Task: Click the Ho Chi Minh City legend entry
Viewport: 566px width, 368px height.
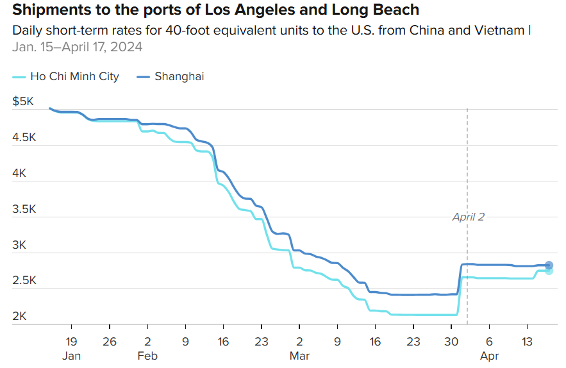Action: click(x=74, y=76)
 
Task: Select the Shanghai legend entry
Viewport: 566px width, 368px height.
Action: click(x=179, y=76)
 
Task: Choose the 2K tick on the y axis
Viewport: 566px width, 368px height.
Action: click(x=21, y=316)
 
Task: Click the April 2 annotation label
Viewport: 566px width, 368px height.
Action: click(x=469, y=217)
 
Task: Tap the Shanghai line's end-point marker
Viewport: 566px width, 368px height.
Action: click(x=549, y=265)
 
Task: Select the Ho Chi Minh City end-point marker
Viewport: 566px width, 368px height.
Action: click(x=549, y=271)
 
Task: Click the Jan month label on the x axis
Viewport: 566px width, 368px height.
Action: click(x=71, y=356)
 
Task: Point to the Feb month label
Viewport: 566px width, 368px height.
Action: click(x=147, y=356)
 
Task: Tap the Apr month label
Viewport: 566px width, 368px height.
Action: click(x=489, y=356)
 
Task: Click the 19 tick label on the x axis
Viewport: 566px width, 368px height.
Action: click(x=71, y=342)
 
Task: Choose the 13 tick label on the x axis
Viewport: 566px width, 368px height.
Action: click(x=527, y=342)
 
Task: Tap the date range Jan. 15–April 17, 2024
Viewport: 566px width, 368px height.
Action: click(x=78, y=47)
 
